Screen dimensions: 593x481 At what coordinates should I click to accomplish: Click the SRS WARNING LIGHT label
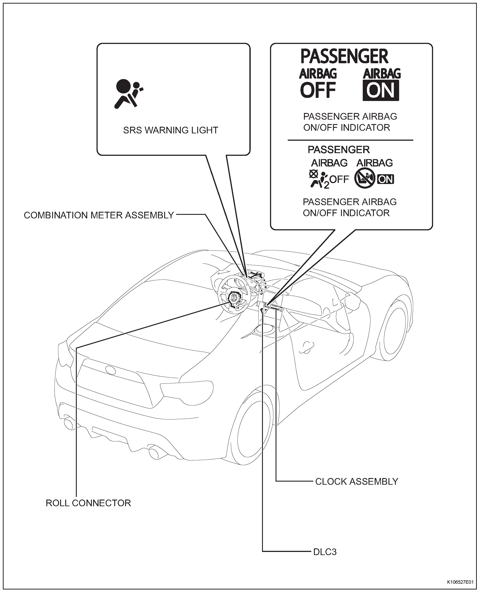point(170,130)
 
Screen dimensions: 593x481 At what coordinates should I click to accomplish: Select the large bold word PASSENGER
point(344,57)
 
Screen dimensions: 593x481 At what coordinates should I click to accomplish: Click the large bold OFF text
point(318,90)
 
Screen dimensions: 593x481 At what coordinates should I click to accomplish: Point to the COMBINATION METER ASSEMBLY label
point(99,215)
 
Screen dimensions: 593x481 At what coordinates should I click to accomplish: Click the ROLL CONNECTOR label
point(88,503)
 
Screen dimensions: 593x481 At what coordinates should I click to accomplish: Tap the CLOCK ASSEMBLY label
point(357,482)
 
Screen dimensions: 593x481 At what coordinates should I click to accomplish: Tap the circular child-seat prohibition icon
point(365,179)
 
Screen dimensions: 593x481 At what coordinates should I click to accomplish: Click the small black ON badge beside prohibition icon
point(385,179)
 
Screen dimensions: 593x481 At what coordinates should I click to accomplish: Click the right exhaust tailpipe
point(154,453)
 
